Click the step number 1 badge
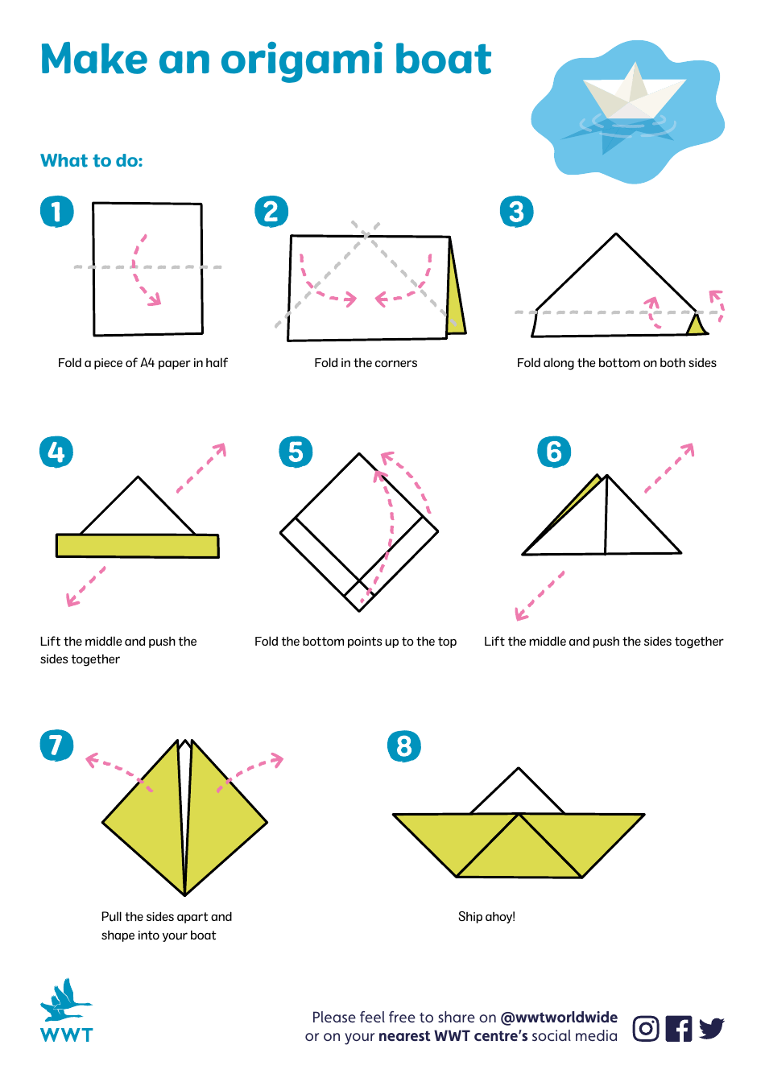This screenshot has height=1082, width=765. tap(56, 212)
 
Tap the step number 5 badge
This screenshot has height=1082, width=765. tap(296, 452)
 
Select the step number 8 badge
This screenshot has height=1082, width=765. tap(404, 746)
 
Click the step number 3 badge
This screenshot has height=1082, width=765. tap(516, 212)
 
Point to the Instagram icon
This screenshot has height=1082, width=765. tap(646, 1028)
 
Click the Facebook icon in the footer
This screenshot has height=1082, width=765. tap(679, 1028)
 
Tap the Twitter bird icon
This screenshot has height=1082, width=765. tap(711, 1028)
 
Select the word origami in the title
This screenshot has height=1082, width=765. tap(300, 60)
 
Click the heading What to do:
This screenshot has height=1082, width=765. tap(92, 161)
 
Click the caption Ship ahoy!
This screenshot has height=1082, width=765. tap(486, 916)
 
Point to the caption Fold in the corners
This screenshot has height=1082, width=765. tap(366, 363)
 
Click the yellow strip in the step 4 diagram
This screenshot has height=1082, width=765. tap(137, 545)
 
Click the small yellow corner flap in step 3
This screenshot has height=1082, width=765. tap(696, 325)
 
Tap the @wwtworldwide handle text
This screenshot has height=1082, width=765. tap(559, 1017)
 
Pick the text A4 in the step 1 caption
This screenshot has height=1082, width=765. tap(147, 363)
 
